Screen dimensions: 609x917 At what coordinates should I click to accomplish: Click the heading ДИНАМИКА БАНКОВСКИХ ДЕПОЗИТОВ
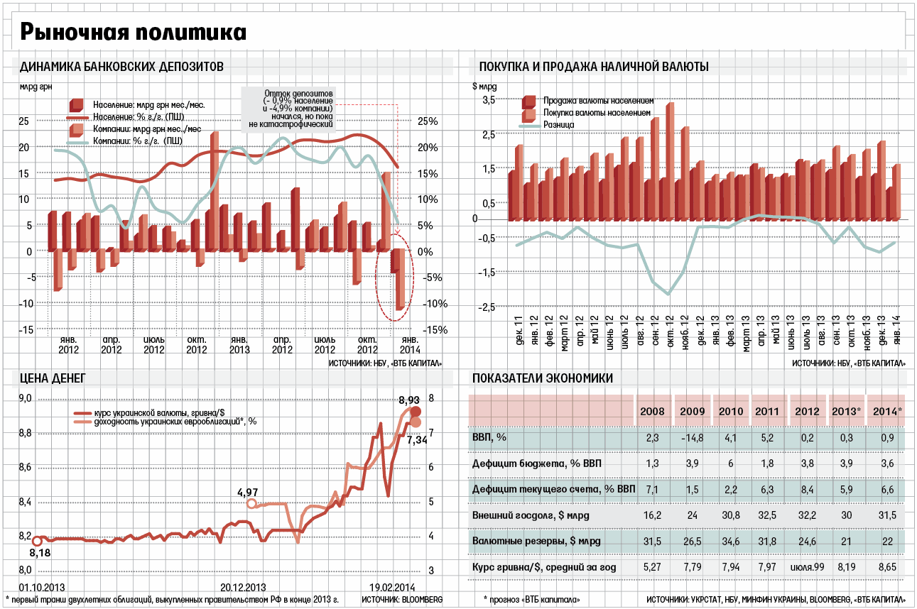coord(122,67)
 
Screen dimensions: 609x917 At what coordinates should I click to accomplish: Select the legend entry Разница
coord(558,124)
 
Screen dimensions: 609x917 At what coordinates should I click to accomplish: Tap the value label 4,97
coord(249,492)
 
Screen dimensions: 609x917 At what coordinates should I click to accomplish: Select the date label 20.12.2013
coord(243,588)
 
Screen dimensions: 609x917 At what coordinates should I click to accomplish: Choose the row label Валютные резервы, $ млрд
coord(536,541)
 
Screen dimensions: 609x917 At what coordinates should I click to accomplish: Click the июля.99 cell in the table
coord(806,567)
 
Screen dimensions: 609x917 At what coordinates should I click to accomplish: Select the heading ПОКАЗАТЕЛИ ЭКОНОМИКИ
coord(542,378)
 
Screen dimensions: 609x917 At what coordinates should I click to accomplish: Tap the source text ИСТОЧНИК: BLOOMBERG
coord(401,600)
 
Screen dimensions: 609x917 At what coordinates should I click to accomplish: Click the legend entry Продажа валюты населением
coord(598,101)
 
